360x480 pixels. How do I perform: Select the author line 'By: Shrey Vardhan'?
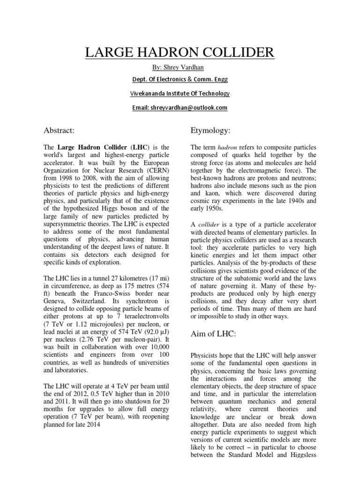tap(180, 68)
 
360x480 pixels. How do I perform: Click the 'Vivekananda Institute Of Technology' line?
tap(180, 94)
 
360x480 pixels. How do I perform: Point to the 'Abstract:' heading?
tap(59, 130)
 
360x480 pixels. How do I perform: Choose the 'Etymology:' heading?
tap(210, 129)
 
